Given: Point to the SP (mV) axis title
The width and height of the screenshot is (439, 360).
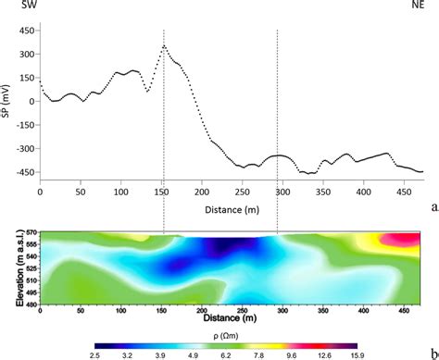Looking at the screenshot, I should [8, 99].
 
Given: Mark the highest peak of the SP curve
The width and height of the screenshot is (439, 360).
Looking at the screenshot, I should [164, 44].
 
